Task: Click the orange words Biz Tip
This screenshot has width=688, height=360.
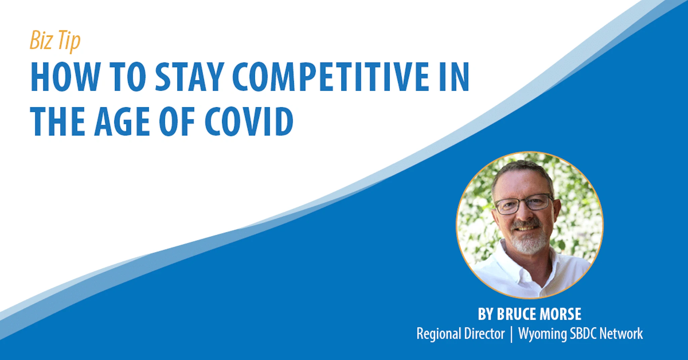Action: coord(55,40)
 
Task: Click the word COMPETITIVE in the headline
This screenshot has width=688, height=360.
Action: coord(331,77)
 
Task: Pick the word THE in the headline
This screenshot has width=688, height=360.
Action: coord(57,121)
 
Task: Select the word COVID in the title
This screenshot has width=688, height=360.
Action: coord(249,121)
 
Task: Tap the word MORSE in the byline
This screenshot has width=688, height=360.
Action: coord(560,314)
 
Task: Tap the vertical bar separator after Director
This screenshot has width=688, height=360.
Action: coord(511,334)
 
